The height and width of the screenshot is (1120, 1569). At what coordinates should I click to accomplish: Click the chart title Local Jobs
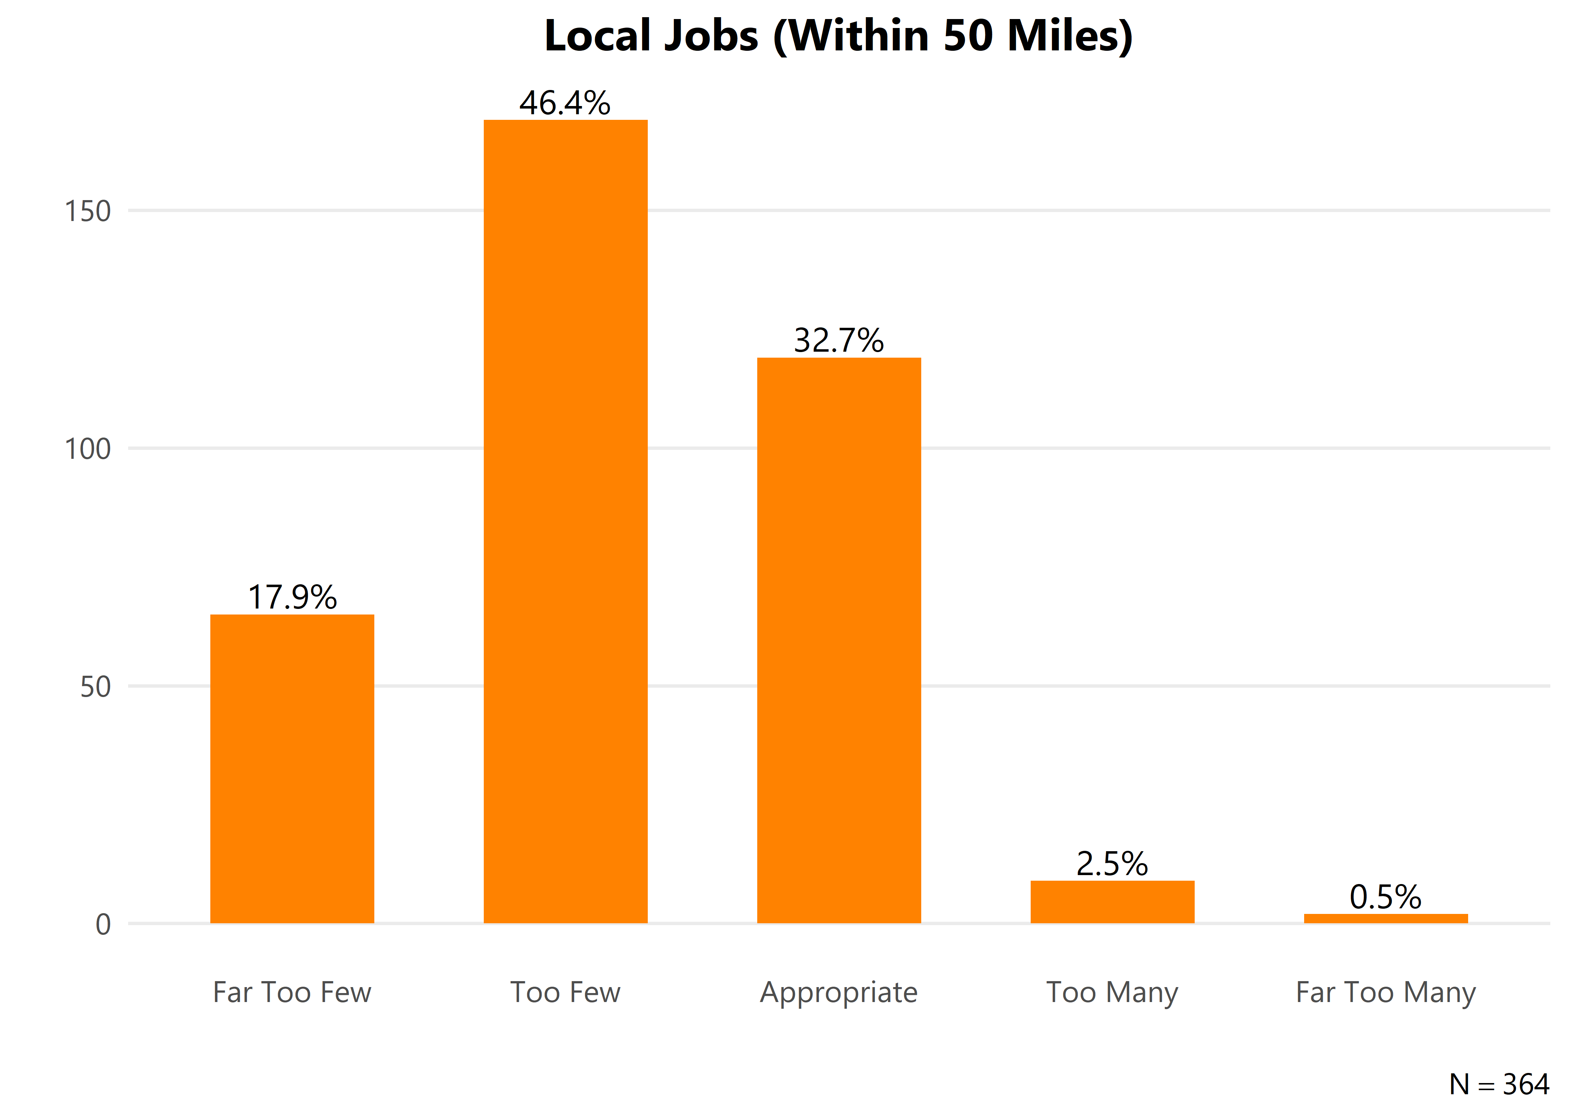[x=838, y=36]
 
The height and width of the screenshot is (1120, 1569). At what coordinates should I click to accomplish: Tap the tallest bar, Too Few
[x=565, y=522]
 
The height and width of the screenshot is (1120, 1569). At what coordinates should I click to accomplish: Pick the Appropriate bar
[x=838, y=640]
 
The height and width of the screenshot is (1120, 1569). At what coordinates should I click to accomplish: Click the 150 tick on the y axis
[x=88, y=211]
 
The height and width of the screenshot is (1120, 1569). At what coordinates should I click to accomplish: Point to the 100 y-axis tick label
[x=88, y=449]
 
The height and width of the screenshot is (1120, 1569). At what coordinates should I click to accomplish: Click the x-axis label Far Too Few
[x=292, y=992]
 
